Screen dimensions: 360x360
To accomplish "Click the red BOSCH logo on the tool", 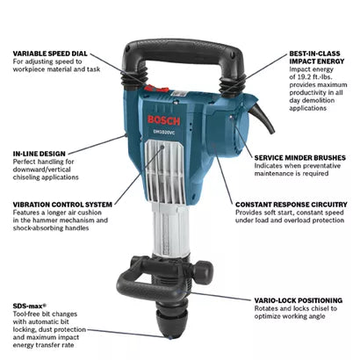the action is pyautogui.click(x=163, y=120).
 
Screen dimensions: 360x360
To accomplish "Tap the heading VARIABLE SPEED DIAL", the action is pyautogui.click(x=50, y=54).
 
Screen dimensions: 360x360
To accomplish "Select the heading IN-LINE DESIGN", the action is pyautogui.click(x=40, y=154).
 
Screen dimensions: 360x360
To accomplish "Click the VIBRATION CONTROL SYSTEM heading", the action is pyautogui.click(x=62, y=205).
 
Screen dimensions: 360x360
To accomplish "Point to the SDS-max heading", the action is pyautogui.click(x=30, y=306).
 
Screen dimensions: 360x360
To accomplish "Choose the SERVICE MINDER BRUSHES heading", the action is pyautogui.click(x=300, y=158).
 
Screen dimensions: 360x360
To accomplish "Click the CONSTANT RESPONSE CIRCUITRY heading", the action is pyautogui.click(x=292, y=205).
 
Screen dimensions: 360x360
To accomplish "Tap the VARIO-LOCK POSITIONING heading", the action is pyautogui.click(x=299, y=300).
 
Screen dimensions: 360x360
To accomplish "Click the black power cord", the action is pyautogui.click(x=263, y=119).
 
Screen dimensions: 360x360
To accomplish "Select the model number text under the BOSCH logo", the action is pyautogui.click(x=164, y=132).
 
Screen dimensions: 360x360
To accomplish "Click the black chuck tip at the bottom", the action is pyautogui.click(x=169, y=321).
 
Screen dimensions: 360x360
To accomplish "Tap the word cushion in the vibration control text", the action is pyautogui.click(x=90, y=212).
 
